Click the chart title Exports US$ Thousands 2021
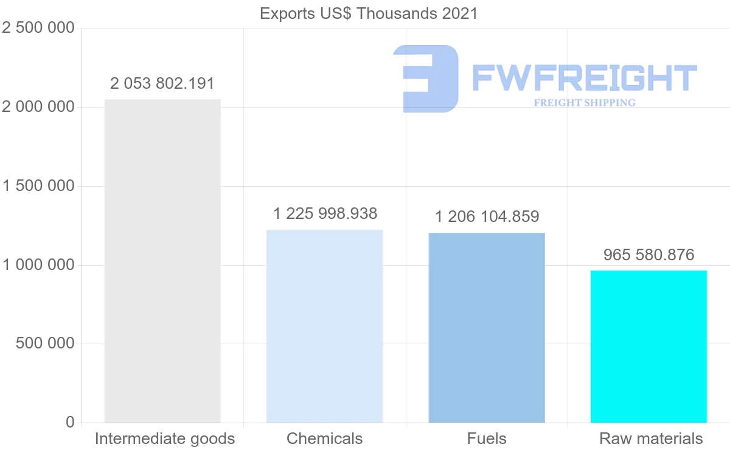(369, 13)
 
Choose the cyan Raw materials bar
(648, 346)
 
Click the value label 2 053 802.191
(162, 83)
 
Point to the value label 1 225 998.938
(325, 214)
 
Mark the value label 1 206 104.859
(487, 216)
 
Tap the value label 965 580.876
(648, 255)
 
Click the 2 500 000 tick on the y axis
(38, 28)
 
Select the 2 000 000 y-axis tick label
(38, 107)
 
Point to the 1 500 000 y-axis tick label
(38, 186)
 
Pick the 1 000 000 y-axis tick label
(38, 265)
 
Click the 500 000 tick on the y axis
(44, 344)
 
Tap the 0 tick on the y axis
(70, 422)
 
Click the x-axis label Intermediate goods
(164, 438)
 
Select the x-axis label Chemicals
(324, 438)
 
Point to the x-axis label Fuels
(487, 438)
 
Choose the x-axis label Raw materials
(651, 438)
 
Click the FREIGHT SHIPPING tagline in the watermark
(585, 103)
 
